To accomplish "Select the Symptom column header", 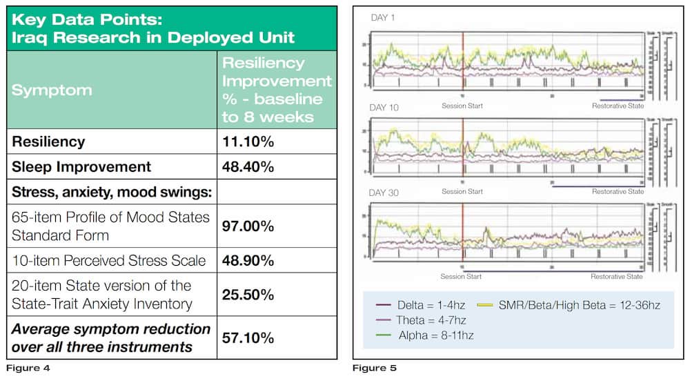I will (52, 90).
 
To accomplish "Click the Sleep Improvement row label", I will (81, 166).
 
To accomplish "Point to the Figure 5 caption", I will (375, 368).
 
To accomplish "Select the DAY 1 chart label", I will (384, 17).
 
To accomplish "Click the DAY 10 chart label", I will (386, 108).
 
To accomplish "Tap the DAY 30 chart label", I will (386, 194).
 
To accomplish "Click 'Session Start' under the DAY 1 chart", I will (462, 106).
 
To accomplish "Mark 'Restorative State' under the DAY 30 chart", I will (617, 276).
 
